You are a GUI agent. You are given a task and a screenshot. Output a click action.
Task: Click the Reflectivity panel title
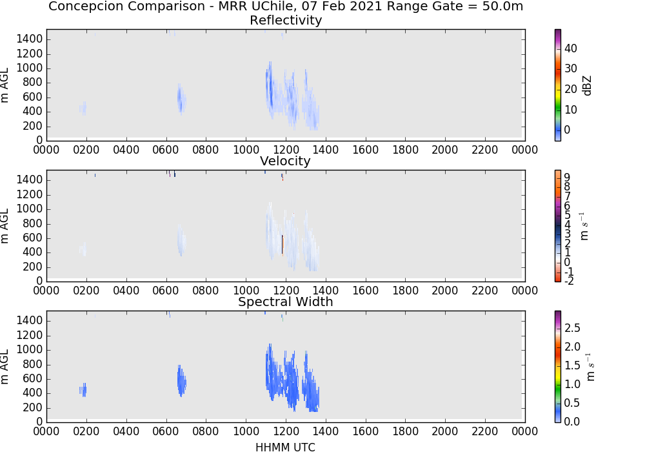[x=286, y=20]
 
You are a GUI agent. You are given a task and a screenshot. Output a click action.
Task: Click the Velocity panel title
[x=285, y=161]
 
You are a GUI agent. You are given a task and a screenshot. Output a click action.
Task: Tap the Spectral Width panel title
[x=286, y=302]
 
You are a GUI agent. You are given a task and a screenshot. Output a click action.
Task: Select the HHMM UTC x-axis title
[x=285, y=447]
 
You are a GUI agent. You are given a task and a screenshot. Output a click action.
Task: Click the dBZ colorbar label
[x=587, y=86]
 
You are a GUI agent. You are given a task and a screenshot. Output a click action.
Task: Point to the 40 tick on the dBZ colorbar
[x=571, y=48]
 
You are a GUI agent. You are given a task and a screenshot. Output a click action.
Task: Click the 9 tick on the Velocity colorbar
[x=567, y=178]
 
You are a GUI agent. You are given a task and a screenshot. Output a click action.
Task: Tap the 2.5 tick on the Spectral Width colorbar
[x=572, y=328]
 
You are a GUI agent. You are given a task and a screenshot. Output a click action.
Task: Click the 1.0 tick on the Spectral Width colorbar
[x=572, y=384]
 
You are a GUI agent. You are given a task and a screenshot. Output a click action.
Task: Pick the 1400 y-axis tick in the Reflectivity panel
[x=30, y=39]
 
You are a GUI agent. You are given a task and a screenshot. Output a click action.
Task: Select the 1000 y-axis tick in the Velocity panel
[x=30, y=209]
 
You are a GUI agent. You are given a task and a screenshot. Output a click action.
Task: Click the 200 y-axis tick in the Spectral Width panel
[x=33, y=407]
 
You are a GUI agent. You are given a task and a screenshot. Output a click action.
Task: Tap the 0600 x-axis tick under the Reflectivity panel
[x=166, y=150]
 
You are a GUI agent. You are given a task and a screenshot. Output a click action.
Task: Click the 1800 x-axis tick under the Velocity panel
[x=405, y=291]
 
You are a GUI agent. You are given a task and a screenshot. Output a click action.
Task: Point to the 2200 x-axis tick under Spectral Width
[x=485, y=431]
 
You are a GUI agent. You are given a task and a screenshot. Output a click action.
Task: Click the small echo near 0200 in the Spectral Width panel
[x=83, y=390]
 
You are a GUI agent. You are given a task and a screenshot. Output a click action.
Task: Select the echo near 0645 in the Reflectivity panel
[x=181, y=99]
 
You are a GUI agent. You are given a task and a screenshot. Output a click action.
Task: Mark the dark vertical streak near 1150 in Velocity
[x=283, y=245]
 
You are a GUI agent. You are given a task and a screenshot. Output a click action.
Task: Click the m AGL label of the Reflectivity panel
[x=5, y=85]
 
